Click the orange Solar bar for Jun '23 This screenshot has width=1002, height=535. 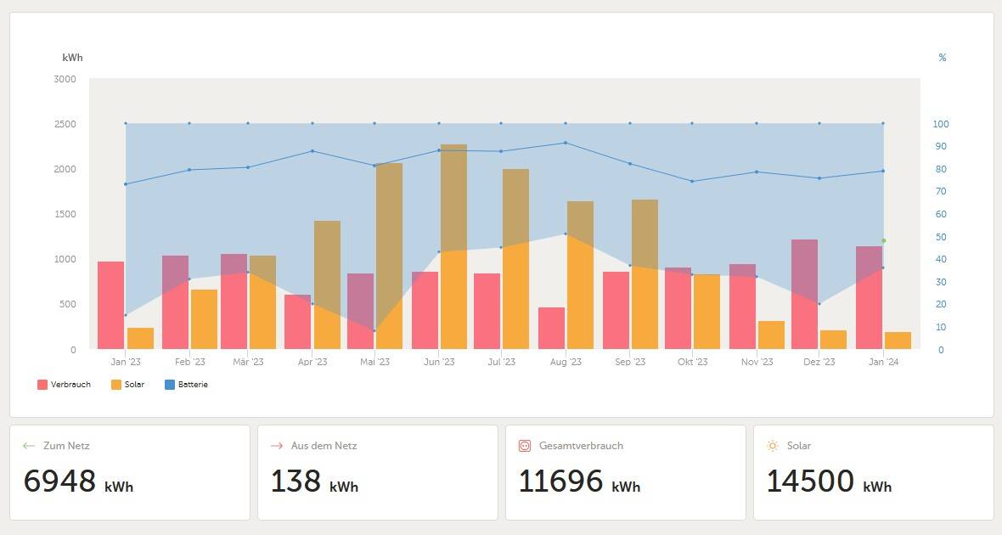coord(453,246)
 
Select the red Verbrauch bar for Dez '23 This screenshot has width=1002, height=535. coord(804,294)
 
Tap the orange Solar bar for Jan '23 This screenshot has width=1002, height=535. coord(140,338)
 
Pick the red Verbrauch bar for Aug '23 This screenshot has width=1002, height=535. coord(551,328)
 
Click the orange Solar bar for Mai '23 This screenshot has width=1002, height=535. coord(389,256)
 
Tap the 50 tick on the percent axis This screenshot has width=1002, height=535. coord(940,237)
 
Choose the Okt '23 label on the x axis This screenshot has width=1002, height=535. coord(692,362)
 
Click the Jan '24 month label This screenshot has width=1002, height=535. coord(883,362)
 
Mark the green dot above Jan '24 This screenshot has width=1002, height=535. coord(883,240)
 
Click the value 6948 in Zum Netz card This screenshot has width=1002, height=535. coord(59,481)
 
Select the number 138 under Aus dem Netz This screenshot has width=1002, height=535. coord(296,481)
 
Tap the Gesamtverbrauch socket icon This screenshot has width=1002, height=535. coord(524,446)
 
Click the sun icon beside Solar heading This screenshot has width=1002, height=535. coord(772,446)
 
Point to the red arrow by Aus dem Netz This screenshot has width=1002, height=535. coord(276,446)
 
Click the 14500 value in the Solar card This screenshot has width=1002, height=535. coord(810,481)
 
